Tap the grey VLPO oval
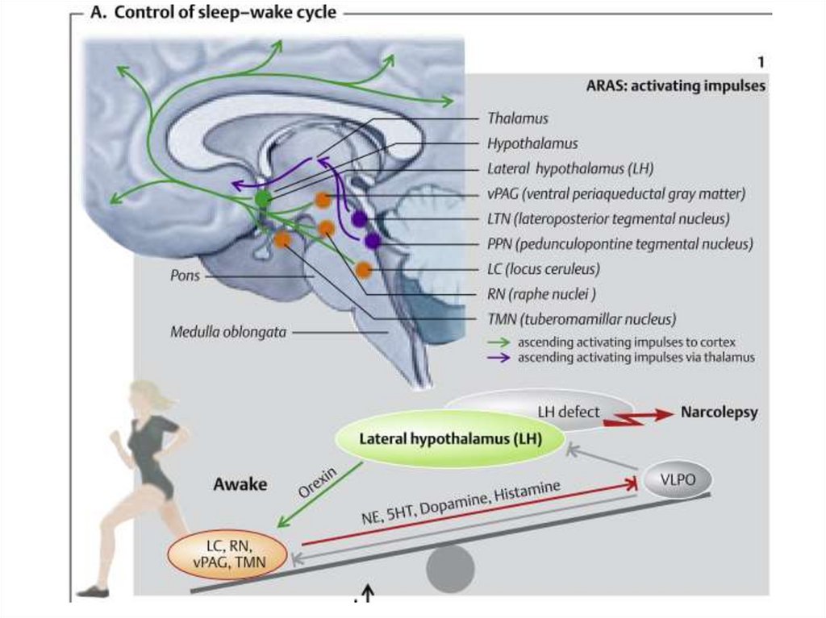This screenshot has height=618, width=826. [678, 481]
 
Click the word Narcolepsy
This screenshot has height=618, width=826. [719, 413]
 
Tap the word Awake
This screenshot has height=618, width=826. [240, 484]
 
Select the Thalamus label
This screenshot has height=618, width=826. [517, 118]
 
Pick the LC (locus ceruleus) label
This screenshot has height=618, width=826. [543, 268]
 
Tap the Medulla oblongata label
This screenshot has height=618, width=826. [228, 331]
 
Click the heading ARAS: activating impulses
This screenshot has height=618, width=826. [675, 86]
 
